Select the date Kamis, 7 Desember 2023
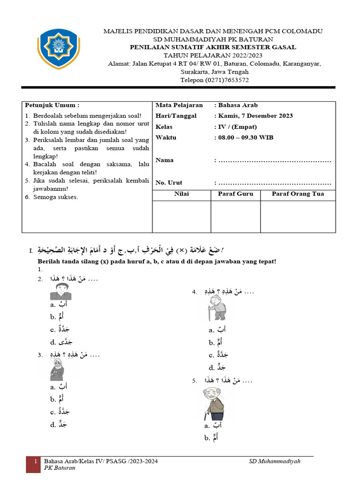tap(255, 116)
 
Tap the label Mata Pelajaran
tap(179, 105)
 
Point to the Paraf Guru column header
tap(235, 194)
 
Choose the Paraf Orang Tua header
tap(298, 194)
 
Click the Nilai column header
tap(181, 194)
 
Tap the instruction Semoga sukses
tap(55, 197)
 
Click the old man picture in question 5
tap(214, 404)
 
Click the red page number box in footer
tap(34, 463)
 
